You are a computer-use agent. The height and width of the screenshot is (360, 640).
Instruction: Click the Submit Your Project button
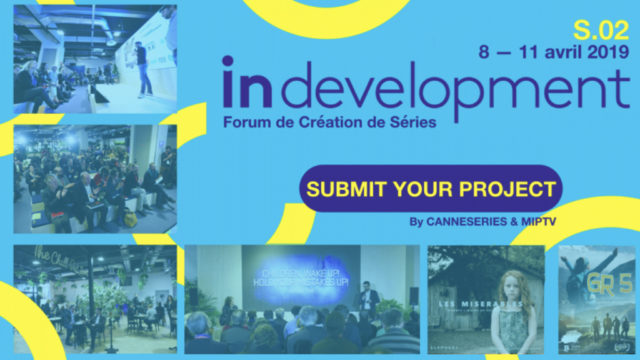(x=431, y=188)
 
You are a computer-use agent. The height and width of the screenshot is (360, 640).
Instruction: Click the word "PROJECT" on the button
(x=508, y=188)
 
